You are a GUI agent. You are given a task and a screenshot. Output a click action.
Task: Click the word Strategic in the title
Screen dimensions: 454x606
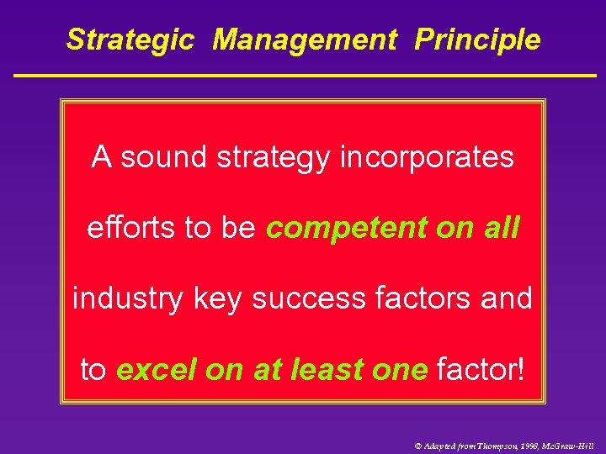coord(130,40)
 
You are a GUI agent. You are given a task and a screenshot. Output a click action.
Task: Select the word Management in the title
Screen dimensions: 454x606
coord(304,40)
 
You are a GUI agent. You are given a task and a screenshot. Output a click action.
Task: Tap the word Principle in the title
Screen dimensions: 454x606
coord(477,40)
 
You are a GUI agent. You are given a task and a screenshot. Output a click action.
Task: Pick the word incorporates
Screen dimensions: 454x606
coord(427,157)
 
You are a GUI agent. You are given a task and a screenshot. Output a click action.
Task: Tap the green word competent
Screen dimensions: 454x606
coord(348,228)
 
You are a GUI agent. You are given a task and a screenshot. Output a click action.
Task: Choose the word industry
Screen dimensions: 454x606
coord(127,298)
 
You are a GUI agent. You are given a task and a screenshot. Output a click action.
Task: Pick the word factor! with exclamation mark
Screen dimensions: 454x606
coord(481,369)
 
